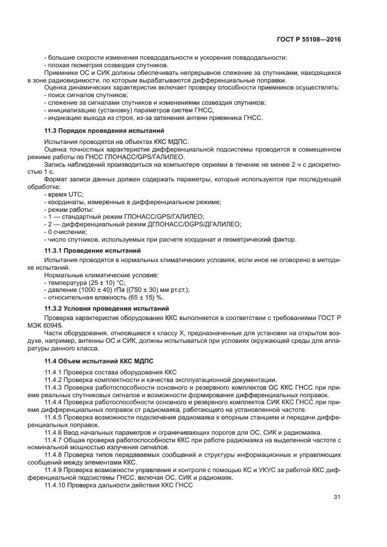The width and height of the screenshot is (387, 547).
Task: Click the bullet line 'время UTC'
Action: (x=65, y=194)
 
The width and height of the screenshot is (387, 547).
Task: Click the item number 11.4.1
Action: (x=54, y=372)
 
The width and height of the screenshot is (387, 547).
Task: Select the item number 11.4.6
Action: (x=54, y=432)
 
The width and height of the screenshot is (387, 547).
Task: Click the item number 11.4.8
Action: (x=54, y=455)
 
